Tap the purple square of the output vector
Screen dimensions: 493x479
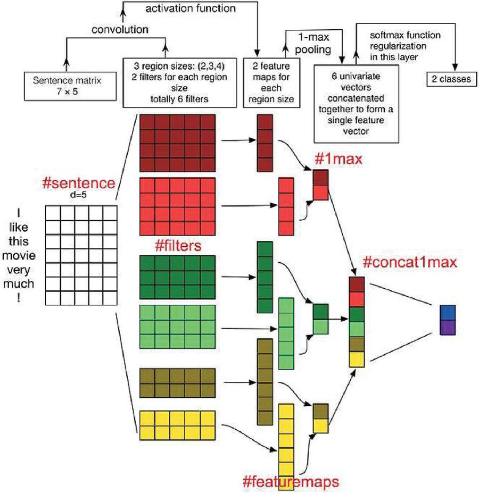pyautogui.click(x=448, y=327)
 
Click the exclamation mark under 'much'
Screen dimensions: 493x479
pyautogui.click(x=19, y=298)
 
